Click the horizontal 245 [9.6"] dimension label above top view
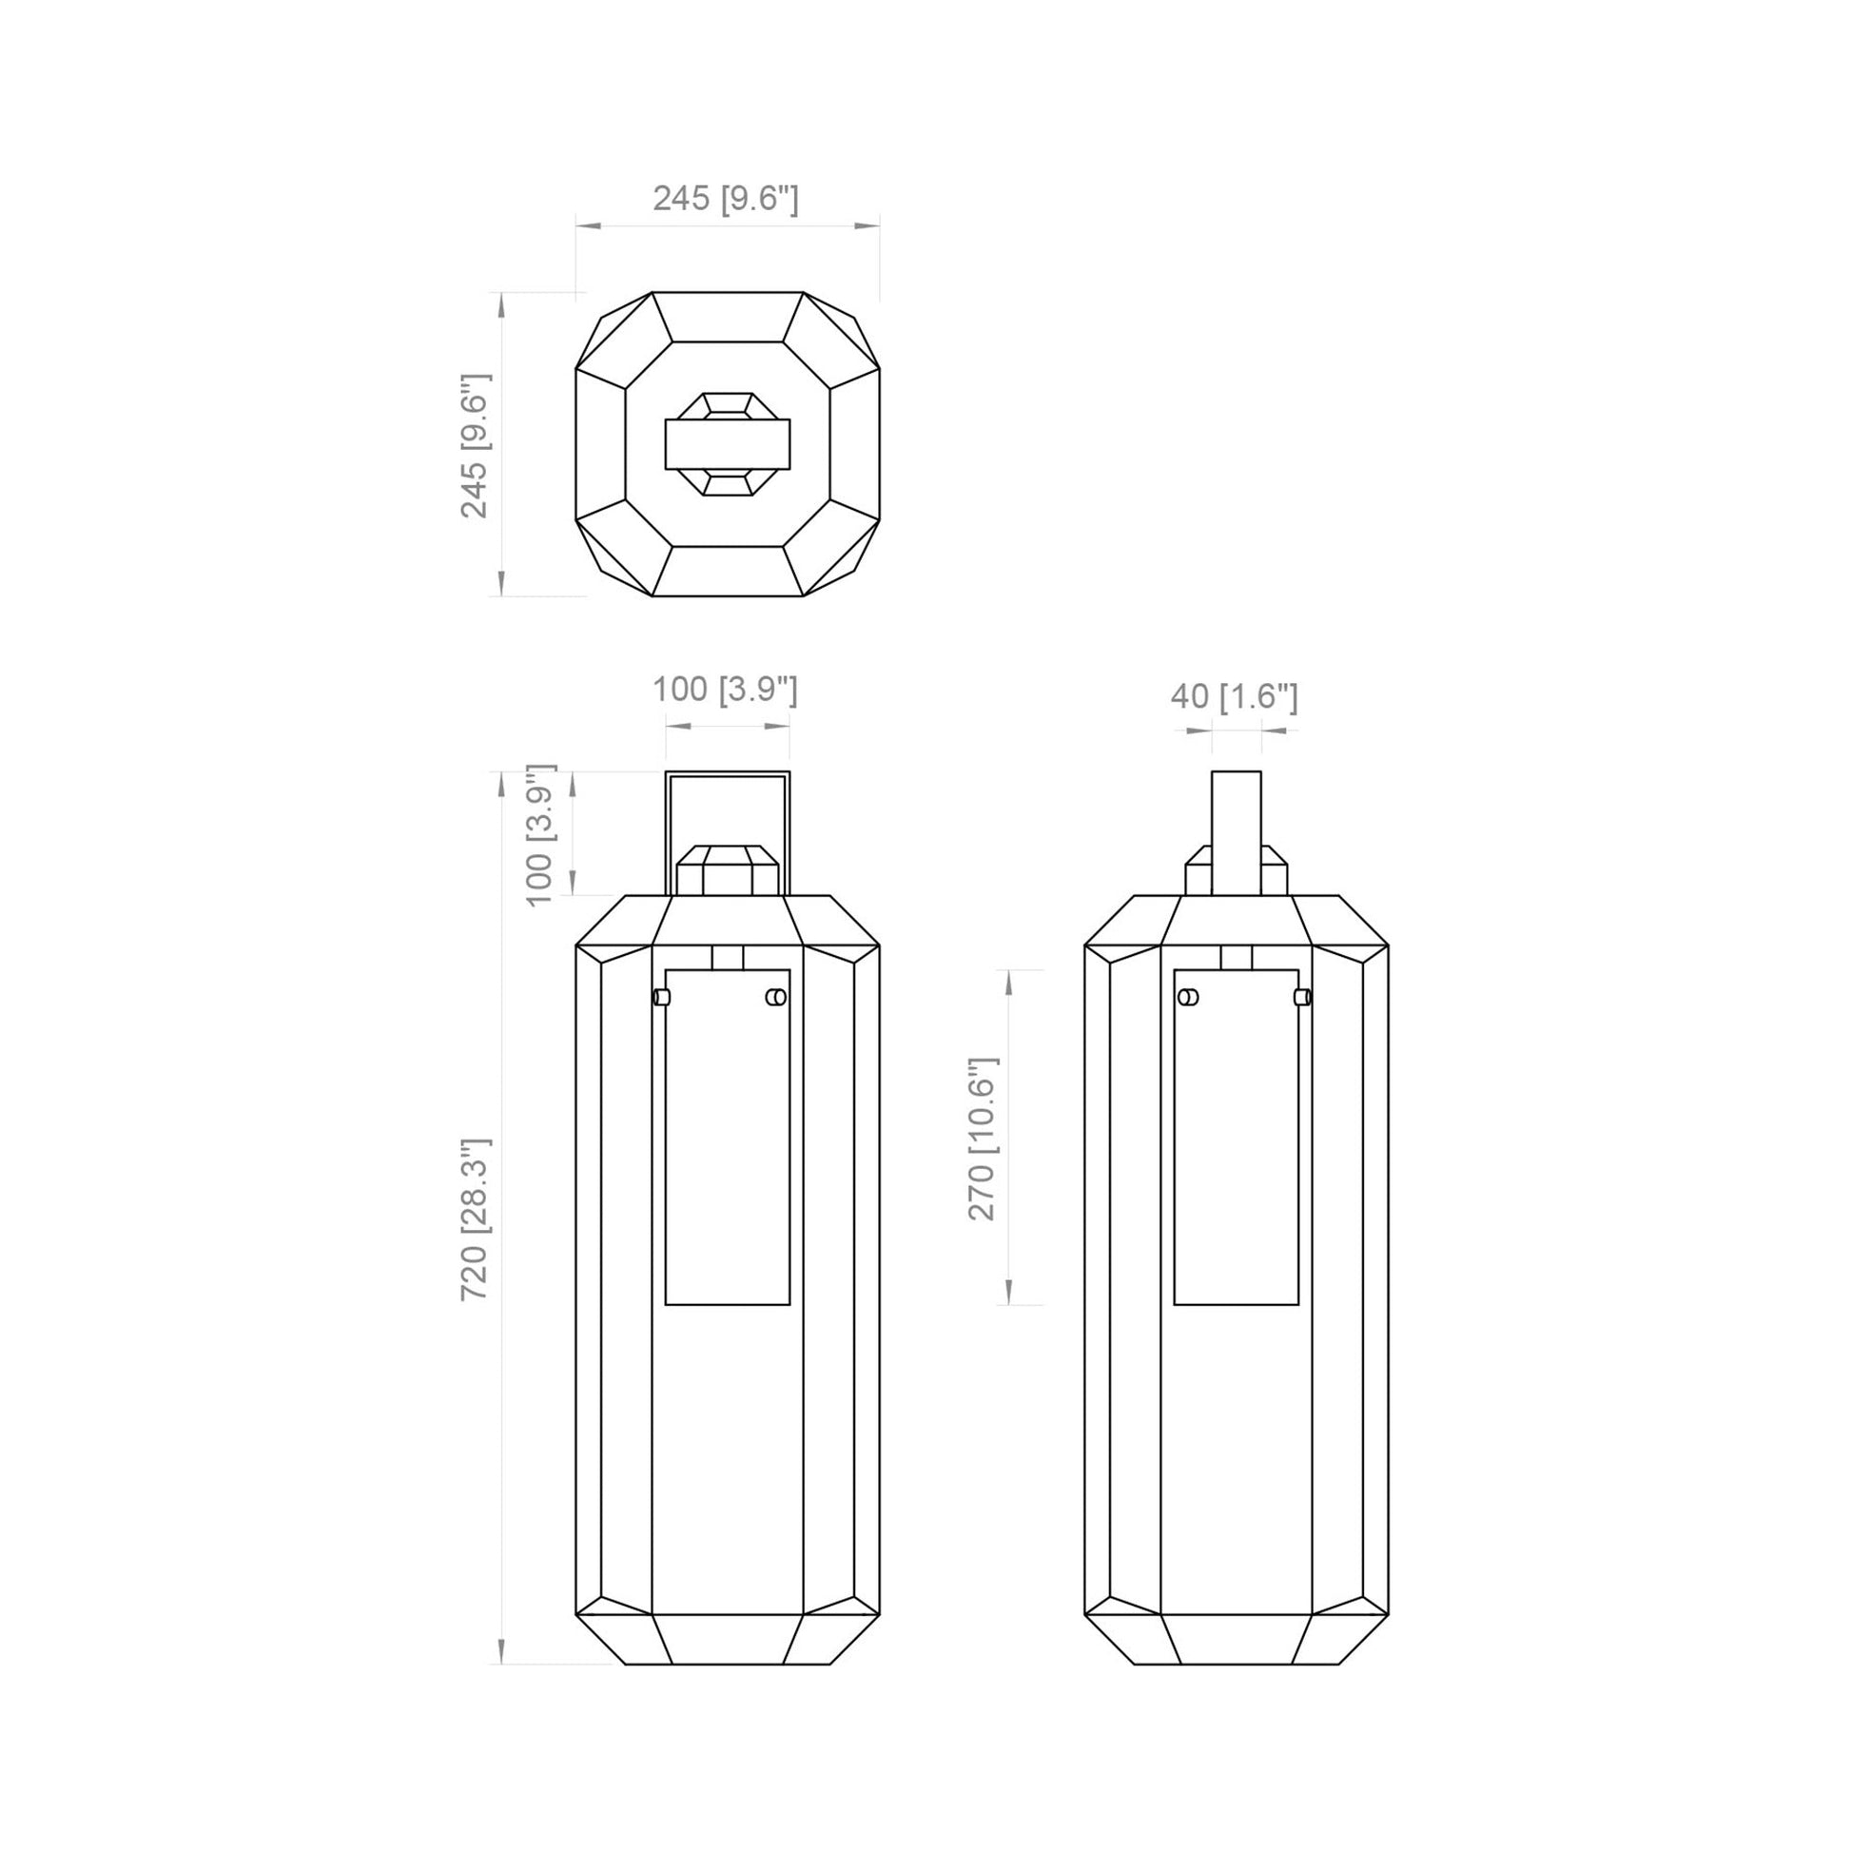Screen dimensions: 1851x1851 tap(725, 198)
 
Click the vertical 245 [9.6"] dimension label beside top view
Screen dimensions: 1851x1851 tap(476, 445)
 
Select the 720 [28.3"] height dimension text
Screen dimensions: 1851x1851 tap(476, 1218)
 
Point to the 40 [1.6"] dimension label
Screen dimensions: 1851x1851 tap(1234, 696)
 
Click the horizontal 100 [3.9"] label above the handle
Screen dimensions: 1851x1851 tap(725, 689)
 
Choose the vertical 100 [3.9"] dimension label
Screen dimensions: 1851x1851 tap(540, 834)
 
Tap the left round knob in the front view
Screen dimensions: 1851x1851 tap(661, 998)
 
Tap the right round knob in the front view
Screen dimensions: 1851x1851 tap(776, 998)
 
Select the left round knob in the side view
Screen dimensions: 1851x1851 tap(1188, 998)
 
